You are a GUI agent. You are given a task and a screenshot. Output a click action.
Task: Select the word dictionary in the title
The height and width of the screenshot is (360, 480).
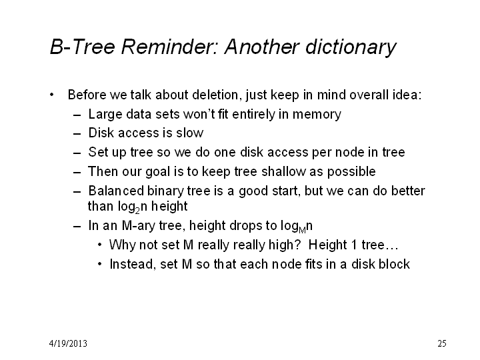pyautogui.click(x=351, y=48)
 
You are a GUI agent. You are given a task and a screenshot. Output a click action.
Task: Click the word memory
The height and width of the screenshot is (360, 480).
pyautogui.click(x=317, y=115)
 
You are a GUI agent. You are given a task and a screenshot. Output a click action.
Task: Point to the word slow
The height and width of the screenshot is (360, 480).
pyautogui.click(x=190, y=133)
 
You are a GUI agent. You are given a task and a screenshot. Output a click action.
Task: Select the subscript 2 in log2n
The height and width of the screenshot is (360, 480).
pyautogui.click(x=137, y=211)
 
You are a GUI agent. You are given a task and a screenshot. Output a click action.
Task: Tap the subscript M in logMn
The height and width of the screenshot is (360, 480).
pyautogui.click(x=302, y=230)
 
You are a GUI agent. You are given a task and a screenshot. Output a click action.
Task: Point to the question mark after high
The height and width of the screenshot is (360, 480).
pyautogui.click(x=298, y=245)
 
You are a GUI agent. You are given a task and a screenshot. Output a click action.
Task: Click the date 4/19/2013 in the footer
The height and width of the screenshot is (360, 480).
pyautogui.click(x=68, y=343)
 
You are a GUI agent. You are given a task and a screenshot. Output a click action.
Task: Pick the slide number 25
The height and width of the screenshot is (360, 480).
pyautogui.click(x=442, y=343)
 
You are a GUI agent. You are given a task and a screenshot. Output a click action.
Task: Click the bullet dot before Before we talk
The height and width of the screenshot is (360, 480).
pyautogui.click(x=52, y=95)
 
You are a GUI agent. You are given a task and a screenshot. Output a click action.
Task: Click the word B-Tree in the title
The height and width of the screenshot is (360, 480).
pyautogui.click(x=83, y=47)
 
